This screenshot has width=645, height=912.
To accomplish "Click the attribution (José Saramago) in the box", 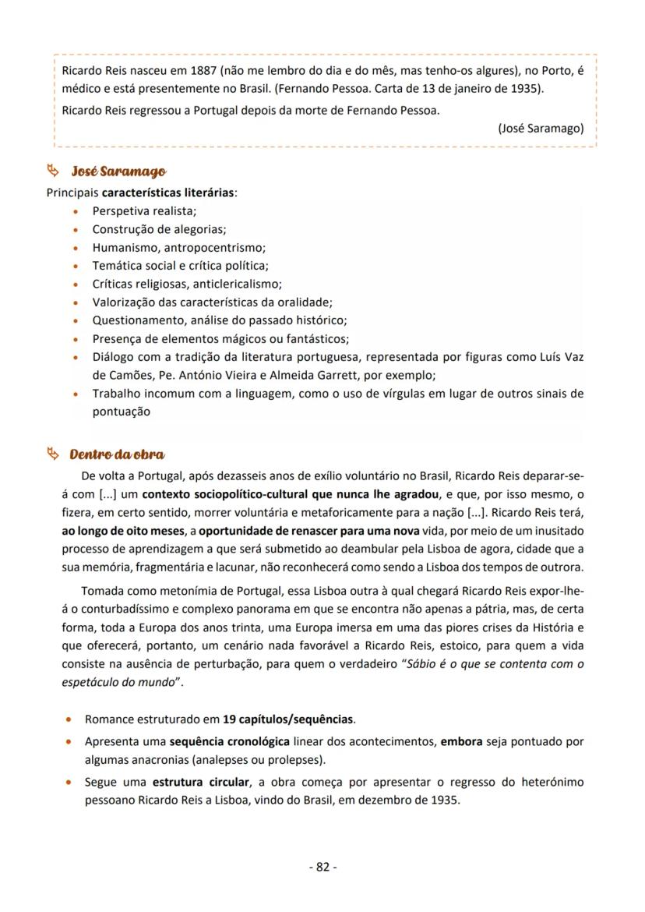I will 541,129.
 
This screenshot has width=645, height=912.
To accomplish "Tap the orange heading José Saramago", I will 118,171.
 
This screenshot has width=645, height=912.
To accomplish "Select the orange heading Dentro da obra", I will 117,454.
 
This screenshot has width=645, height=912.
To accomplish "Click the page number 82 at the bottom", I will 322,867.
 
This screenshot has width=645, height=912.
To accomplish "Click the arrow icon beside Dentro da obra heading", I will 53,454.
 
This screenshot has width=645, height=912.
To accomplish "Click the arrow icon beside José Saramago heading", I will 53,170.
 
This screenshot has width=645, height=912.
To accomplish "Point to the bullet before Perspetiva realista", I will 75,211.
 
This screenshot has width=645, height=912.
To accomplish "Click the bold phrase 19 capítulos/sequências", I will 288,719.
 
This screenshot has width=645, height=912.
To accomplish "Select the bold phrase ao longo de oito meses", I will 125,531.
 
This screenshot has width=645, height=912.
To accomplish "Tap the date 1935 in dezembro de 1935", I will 446,800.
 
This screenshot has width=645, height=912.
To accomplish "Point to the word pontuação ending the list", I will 121,411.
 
